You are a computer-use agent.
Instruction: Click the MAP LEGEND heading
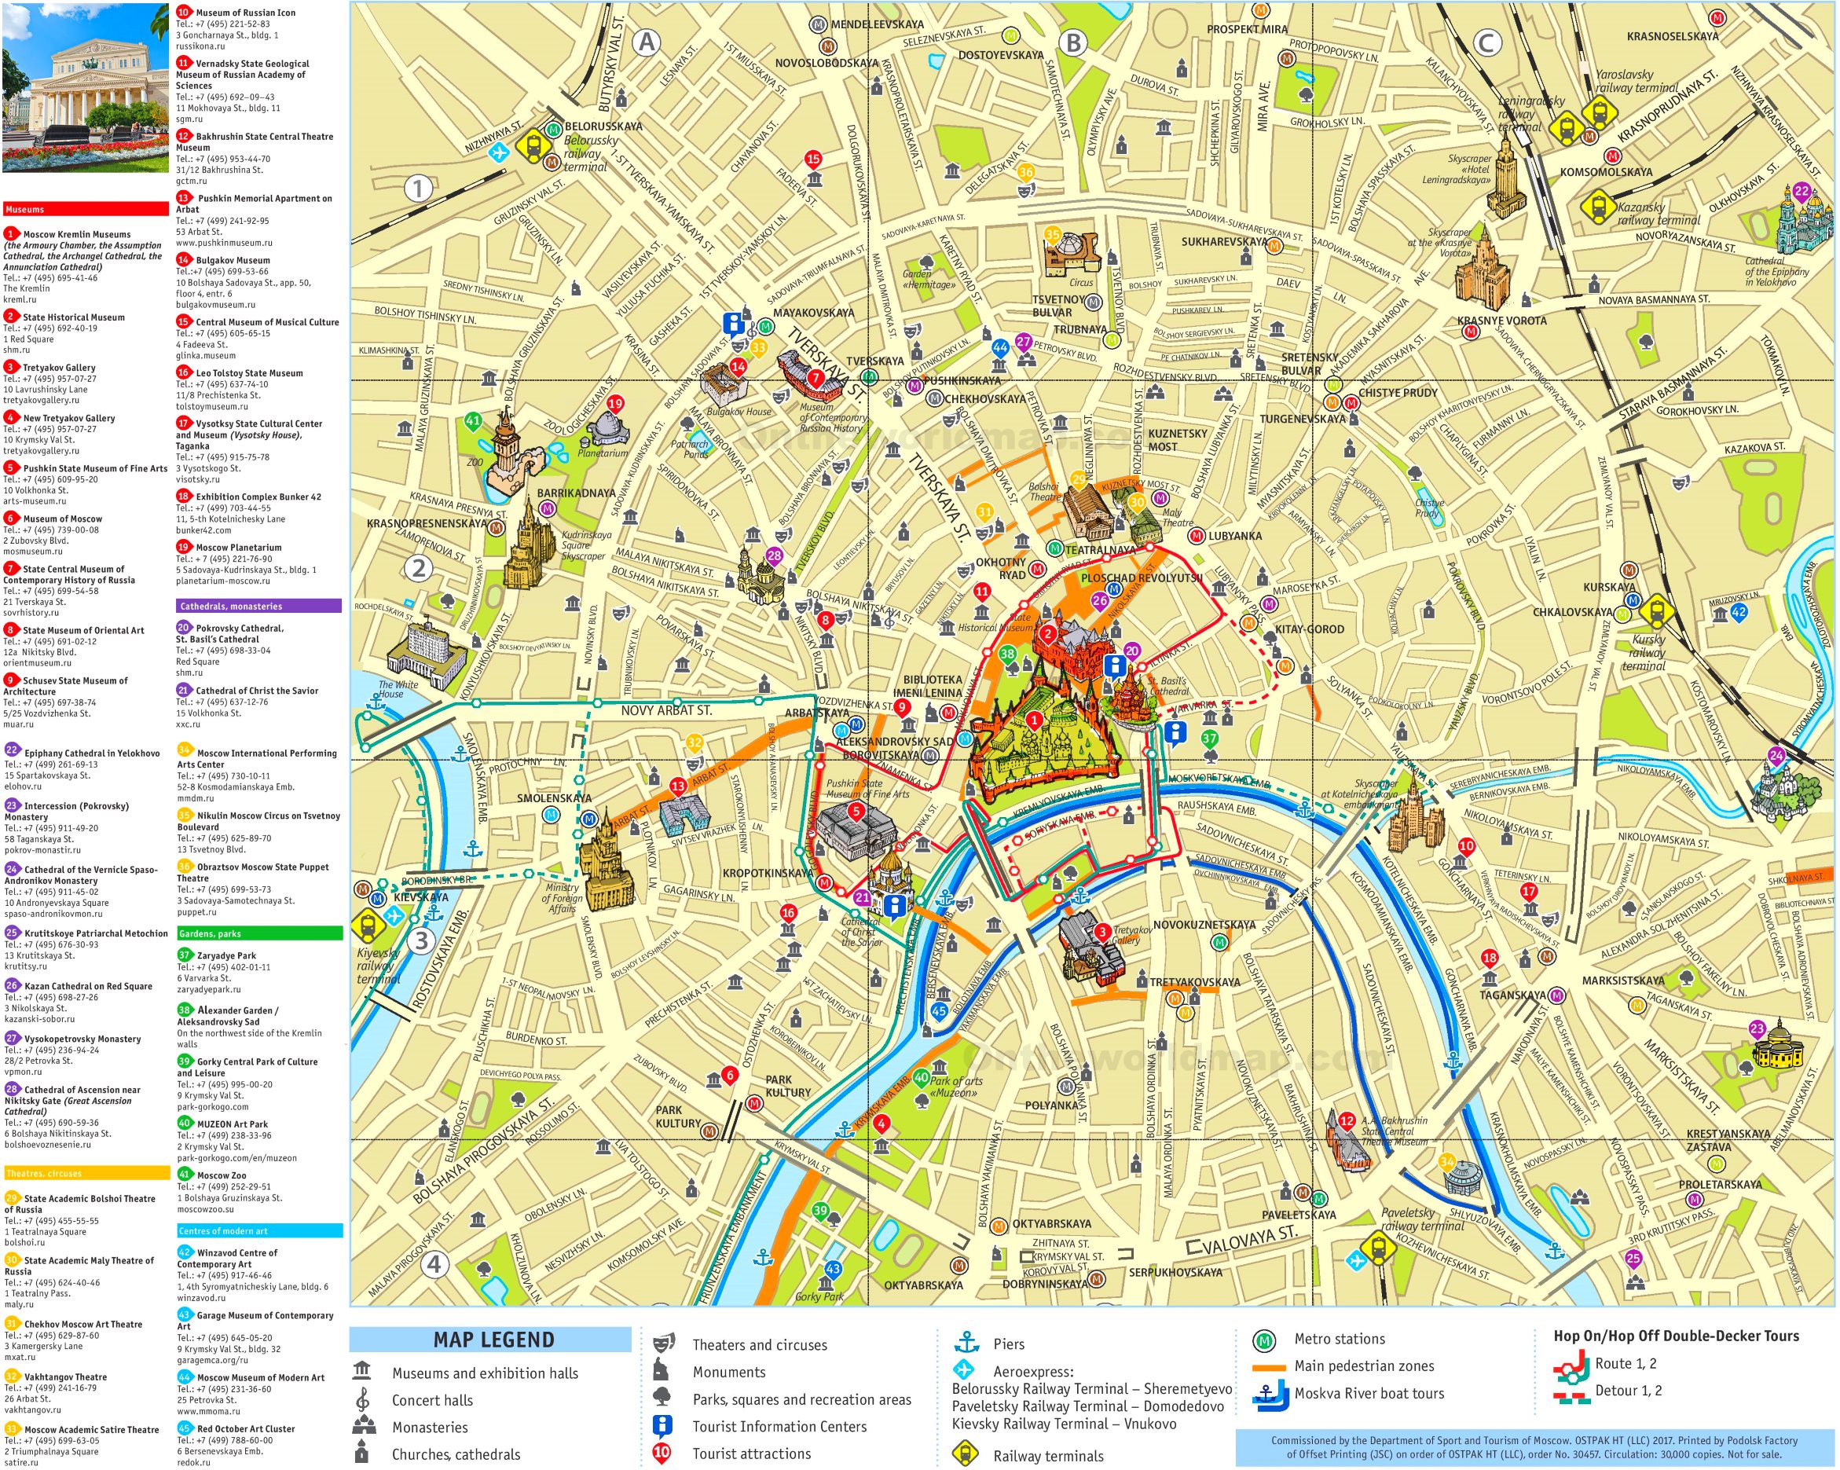(x=493, y=1340)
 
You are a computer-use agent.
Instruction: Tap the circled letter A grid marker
(x=647, y=42)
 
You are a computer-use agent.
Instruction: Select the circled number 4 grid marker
(x=434, y=1264)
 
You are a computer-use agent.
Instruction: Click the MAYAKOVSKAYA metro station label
(x=813, y=313)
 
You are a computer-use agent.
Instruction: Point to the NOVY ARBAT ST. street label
(x=665, y=710)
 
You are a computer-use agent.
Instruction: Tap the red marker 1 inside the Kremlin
(x=1033, y=720)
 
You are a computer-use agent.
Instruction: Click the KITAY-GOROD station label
(x=1309, y=629)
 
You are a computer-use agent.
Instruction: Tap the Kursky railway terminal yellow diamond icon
(x=1655, y=610)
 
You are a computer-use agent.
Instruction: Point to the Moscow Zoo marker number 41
(x=473, y=421)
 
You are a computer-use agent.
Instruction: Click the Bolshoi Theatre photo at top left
(x=86, y=87)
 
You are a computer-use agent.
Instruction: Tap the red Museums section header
(x=86, y=209)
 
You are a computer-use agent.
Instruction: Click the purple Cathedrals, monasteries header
(x=258, y=606)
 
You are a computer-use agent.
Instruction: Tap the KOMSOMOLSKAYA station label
(x=1605, y=172)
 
